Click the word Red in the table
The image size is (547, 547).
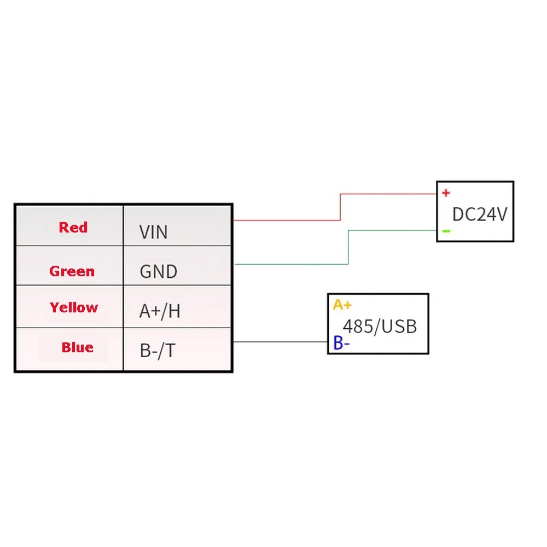tap(73, 227)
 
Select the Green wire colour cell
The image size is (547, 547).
tap(70, 265)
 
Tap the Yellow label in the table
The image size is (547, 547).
tap(74, 307)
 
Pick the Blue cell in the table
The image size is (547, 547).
tap(70, 349)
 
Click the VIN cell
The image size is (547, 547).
tap(177, 225)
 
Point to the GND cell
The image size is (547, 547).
tap(177, 265)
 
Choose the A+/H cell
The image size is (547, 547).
tap(177, 307)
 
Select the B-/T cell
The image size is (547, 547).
tap(177, 349)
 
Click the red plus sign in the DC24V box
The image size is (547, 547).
tap(446, 193)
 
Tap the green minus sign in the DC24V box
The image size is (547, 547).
tap(446, 231)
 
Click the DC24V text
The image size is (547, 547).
tap(479, 214)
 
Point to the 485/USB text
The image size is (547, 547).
tap(380, 327)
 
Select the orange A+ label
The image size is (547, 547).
tap(342, 305)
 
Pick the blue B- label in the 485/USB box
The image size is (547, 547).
tap(341, 342)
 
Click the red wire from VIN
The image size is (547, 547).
tap(340, 207)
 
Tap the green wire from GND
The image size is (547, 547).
tap(348, 247)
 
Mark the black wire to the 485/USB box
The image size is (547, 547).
tap(281, 342)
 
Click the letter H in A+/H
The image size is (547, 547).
tap(174, 311)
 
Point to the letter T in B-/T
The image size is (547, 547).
tap(170, 350)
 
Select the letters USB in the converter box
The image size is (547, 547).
tap(399, 327)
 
